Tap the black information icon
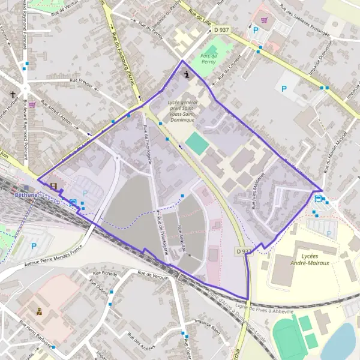189,74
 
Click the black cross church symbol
13,95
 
